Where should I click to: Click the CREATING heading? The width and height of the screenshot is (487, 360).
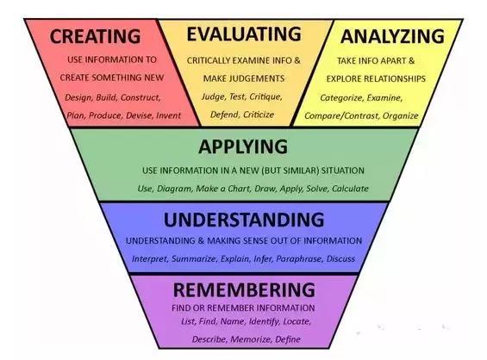pyautogui.click(x=95, y=36)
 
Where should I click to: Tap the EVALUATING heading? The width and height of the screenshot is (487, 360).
pyautogui.click(x=244, y=34)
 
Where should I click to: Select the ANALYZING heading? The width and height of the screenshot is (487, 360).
pyautogui.click(x=392, y=36)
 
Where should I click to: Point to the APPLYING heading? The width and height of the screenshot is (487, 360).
pyautogui.click(x=243, y=146)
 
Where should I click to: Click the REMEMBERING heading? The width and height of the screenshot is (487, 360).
pyautogui.click(x=244, y=290)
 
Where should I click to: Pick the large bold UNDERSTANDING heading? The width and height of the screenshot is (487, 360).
pyautogui.click(x=244, y=220)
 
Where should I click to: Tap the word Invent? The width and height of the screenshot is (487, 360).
pyautogui.click(x=168, y=115)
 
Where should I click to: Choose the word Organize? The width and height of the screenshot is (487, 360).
pyautogui.click(x=400, y=116)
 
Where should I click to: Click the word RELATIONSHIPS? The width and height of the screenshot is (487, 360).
pyautogui.click(x=395, y=79)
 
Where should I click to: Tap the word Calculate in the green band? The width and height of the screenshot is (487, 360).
pyautogui.click(x=350, y=189)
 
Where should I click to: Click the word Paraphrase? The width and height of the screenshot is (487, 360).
pyautogui.click(x=299, y=259)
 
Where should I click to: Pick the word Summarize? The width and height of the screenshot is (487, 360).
pyautogui.click(x=193, y=259)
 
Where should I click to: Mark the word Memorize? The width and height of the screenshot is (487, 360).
pyautogui.click(x=251, y=339)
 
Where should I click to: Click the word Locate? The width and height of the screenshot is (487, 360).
pyautogui.click(x=297, y=321)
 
